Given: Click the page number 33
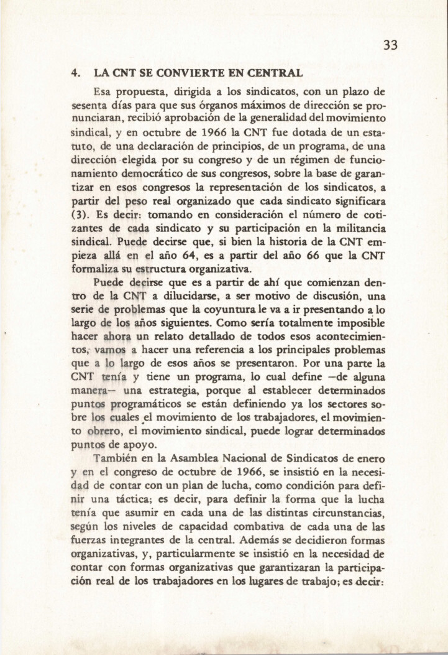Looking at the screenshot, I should coord(390,45).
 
